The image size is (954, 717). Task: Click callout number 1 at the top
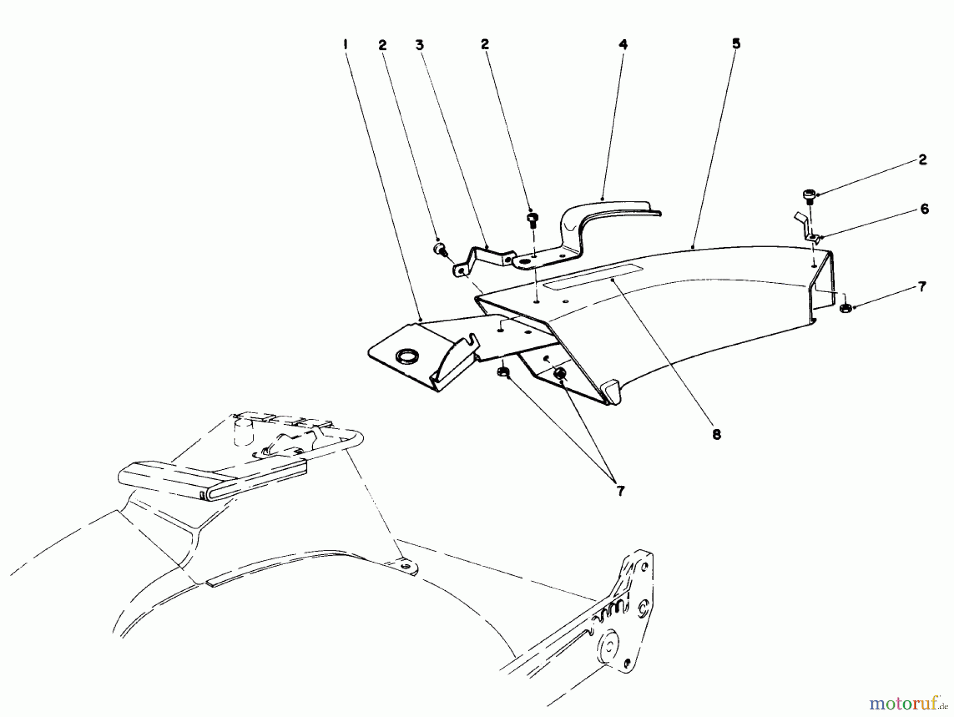coord(345,45)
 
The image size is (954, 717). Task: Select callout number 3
coord(420,45)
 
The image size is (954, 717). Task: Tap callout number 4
coord(623,45)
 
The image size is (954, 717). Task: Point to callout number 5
coord(736,43)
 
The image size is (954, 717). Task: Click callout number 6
coord(924,209)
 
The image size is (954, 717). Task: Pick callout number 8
coord(717,435)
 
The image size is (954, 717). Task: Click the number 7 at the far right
coord(922,287)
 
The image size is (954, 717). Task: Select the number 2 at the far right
coord(923,160)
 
